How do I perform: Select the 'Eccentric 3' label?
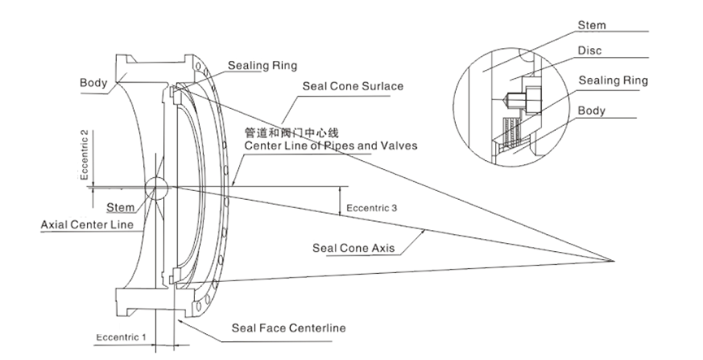point(371,208)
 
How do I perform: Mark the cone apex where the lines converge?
point(612,261)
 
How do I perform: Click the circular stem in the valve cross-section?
point(157,188)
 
